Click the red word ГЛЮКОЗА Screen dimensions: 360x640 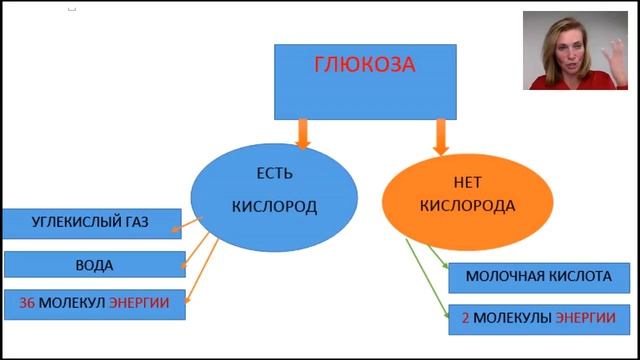click(364, 66)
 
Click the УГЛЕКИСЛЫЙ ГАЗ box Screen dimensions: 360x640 click(90, 222)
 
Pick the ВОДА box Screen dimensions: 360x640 click(94, 265)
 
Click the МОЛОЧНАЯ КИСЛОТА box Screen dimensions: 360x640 click(538, 277)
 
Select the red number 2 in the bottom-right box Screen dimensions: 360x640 click(466, 317)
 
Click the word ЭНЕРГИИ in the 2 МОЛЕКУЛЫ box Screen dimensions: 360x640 click(585, 317)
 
